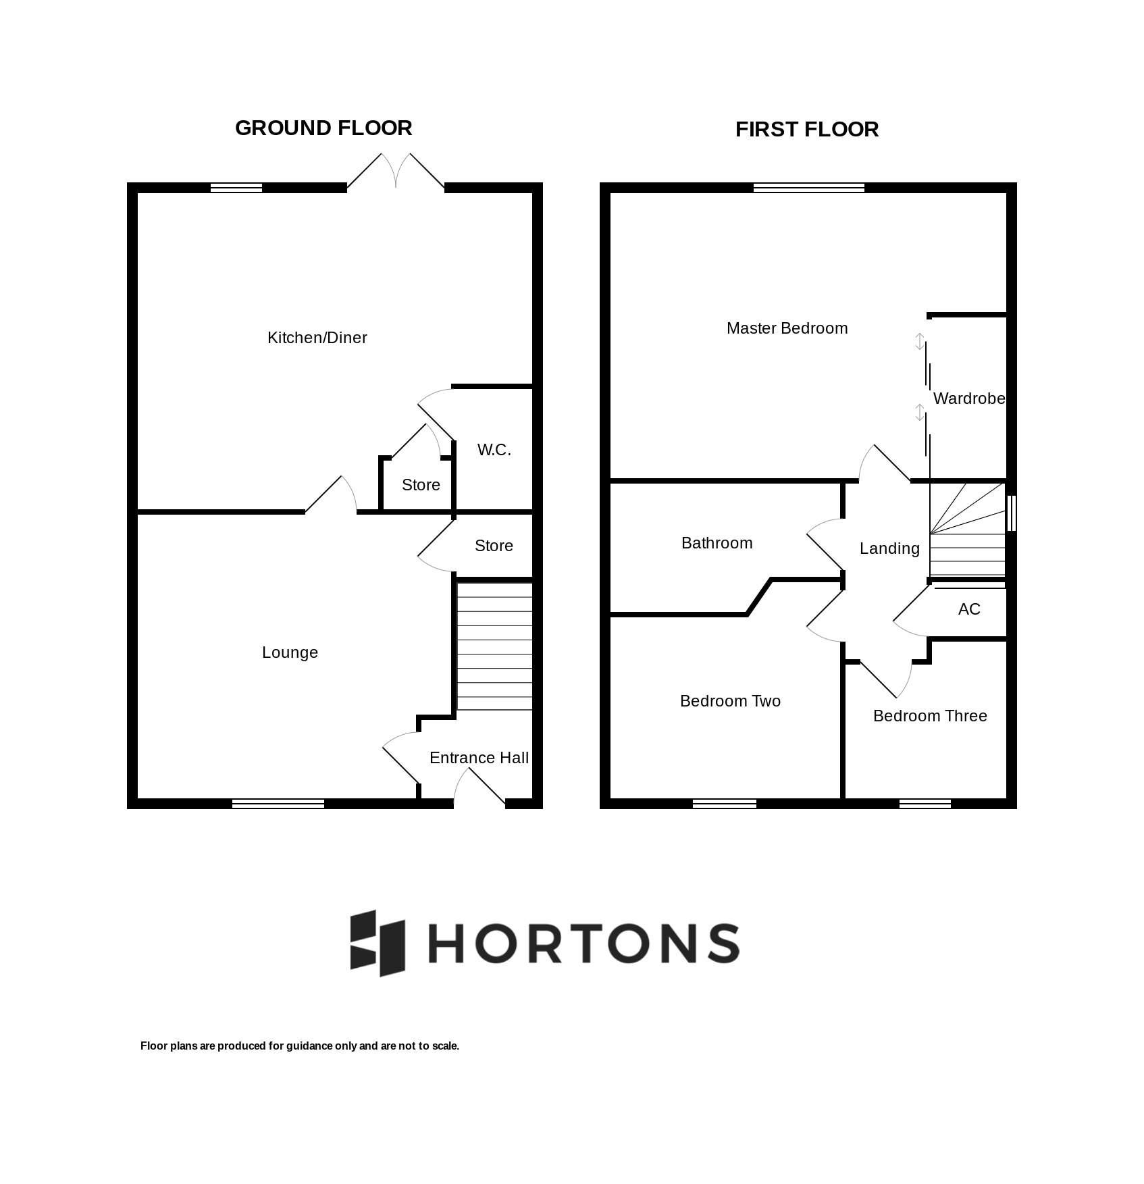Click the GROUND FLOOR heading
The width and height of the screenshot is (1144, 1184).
323,128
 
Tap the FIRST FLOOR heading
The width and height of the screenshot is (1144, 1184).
807,130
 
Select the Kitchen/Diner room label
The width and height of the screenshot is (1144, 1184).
317,338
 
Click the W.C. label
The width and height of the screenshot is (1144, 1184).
494,450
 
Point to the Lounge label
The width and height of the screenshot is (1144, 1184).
290,652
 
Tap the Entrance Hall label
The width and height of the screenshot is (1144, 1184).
479,758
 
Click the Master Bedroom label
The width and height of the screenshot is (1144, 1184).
787,328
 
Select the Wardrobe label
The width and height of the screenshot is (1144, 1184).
969,398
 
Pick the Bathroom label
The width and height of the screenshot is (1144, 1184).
717,543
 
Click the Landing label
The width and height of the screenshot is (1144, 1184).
890,548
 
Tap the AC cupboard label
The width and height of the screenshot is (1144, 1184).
969,609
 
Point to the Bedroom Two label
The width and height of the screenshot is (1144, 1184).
731,701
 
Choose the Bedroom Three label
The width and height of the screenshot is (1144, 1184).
931,716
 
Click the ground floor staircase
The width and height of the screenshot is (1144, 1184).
495,646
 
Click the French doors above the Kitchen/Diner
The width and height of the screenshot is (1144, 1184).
396,171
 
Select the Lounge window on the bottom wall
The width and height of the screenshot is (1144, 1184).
278,804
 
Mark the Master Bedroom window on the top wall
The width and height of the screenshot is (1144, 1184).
809,188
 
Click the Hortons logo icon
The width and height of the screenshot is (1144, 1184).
378,943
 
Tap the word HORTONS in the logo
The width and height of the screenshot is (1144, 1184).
584,943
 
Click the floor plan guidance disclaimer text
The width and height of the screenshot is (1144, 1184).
300,1046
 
